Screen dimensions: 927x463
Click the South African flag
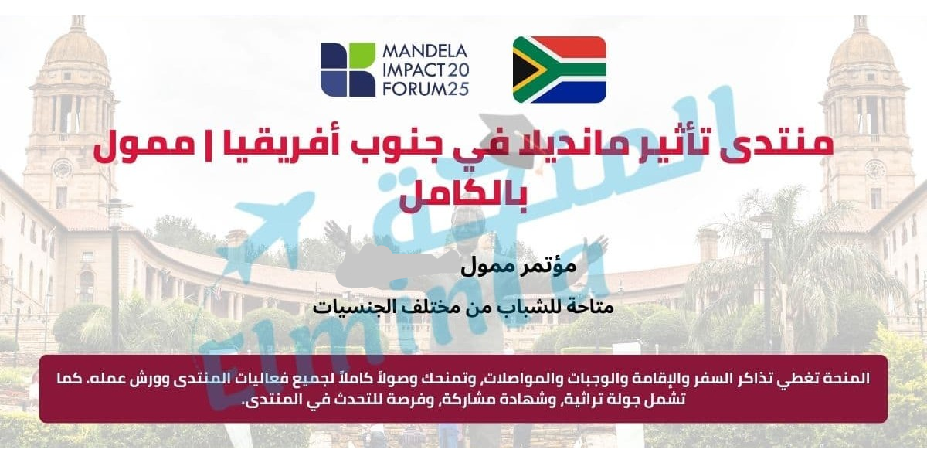click(x=559, y=70)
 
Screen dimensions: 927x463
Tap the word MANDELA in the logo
click(x=425, y=51)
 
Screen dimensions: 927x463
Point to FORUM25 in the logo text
click(x=426, y=89)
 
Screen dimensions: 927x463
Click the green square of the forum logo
click(x=362, y=55)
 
